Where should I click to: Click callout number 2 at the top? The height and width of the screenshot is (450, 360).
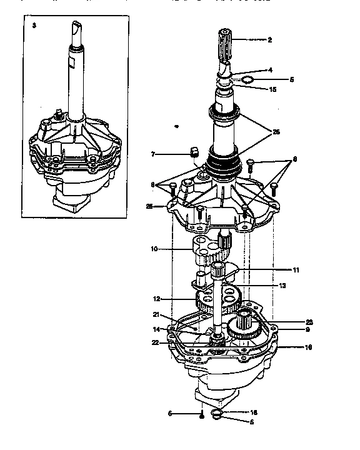pos(269,39)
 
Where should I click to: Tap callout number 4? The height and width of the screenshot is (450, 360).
pos(270,70)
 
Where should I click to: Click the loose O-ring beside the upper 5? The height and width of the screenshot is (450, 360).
pos(247,80)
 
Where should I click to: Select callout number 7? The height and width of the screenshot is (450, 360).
pos(152,153)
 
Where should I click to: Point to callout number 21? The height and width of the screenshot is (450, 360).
pos(156,314)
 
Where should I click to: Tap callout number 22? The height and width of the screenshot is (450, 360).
pos(155,342)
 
